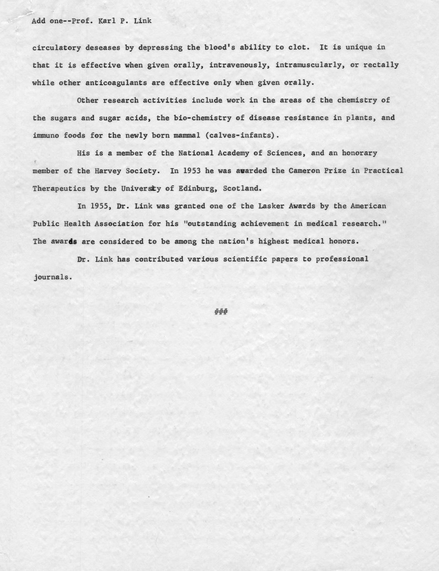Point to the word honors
(341, 241)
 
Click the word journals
(52, 277)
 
